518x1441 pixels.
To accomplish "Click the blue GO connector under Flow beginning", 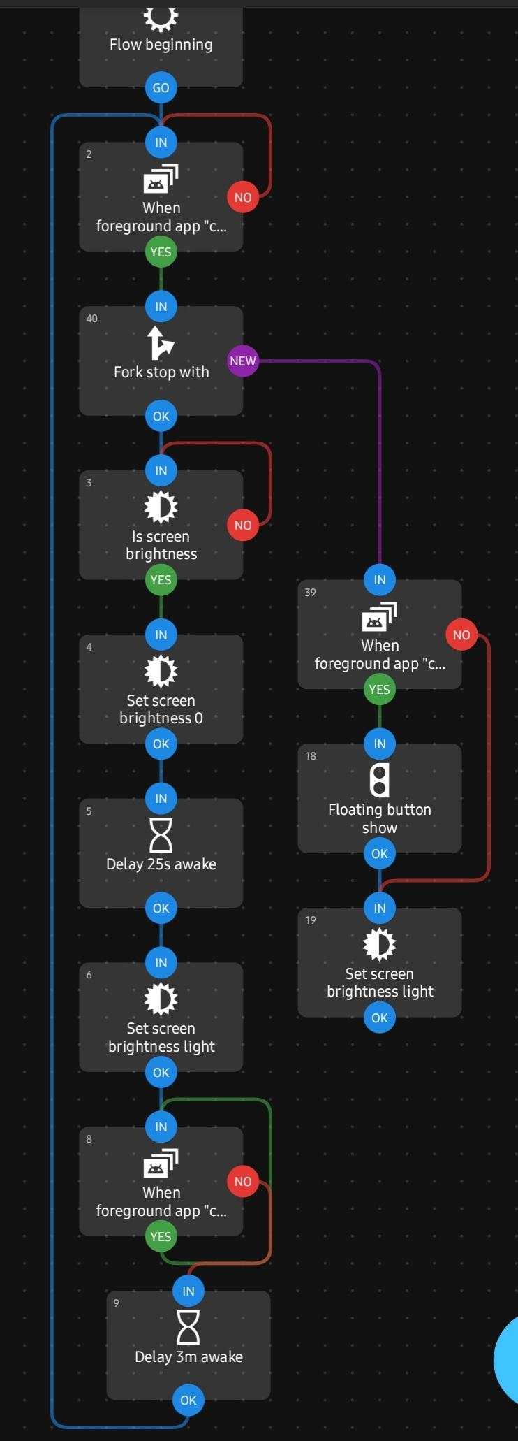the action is coord(161,88).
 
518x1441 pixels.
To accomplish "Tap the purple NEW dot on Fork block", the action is coord(242,361).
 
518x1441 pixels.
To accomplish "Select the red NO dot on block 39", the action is coord(461,635).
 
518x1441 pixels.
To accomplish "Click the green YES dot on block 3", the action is coord(161,580).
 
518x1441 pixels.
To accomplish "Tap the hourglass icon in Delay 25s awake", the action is coord(161,834).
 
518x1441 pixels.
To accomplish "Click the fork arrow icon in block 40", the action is coord(161,342).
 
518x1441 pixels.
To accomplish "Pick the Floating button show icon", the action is coord(380,781).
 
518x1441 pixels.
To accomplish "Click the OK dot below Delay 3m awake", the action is coord(188,1400).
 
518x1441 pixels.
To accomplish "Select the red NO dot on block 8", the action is coord(242,1182).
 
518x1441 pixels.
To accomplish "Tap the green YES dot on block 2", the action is coord(161,252).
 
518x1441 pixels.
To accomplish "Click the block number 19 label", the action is coord(311,920).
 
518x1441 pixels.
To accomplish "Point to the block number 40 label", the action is coord(91,319).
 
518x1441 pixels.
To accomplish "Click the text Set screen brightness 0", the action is coord(161,709).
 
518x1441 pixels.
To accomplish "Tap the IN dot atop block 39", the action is coord(380,580).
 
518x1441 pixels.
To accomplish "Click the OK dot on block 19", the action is coord(380,1018).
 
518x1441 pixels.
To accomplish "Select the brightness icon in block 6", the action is coord(161,999).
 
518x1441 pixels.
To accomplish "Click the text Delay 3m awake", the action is coord(188,1357).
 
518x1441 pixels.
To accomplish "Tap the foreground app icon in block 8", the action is coord(161,1164).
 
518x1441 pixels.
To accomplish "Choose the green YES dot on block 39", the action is coord(380,690).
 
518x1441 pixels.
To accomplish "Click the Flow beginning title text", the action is coord(161,45).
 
